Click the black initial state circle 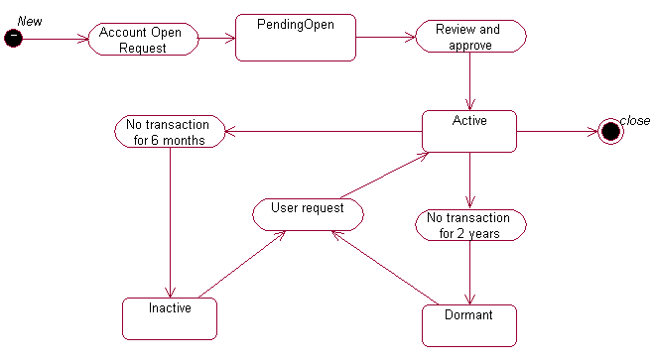14,38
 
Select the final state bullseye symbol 610,132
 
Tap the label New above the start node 30,21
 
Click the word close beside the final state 635,120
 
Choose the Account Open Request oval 143,40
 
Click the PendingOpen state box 295,38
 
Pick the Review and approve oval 469,37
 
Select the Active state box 469,131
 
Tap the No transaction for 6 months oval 170,132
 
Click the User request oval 307,213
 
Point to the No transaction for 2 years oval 469,225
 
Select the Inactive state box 170,317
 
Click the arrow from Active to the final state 558,131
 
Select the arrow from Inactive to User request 243,264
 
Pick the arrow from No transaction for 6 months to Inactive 170,222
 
